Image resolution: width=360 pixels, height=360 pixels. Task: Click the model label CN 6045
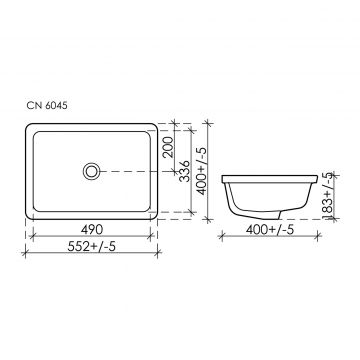click(x=47, y=105)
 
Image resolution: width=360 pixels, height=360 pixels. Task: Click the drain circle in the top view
click(x=91, y=171)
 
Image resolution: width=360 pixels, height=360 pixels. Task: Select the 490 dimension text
click(x=92, y=229)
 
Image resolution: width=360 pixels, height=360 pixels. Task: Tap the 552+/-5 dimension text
click(x=91, y=247)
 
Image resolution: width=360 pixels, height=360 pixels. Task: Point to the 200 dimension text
click(x=169, y=147)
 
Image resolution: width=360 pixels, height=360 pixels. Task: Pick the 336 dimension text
click(x=184, y=171)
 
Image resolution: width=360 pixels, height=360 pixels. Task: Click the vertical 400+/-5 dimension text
click(x=202, y=171)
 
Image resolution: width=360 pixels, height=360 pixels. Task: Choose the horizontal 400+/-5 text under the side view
click(x=270, y=229)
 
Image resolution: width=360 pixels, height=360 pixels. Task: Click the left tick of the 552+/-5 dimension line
click(x=25, y=253)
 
